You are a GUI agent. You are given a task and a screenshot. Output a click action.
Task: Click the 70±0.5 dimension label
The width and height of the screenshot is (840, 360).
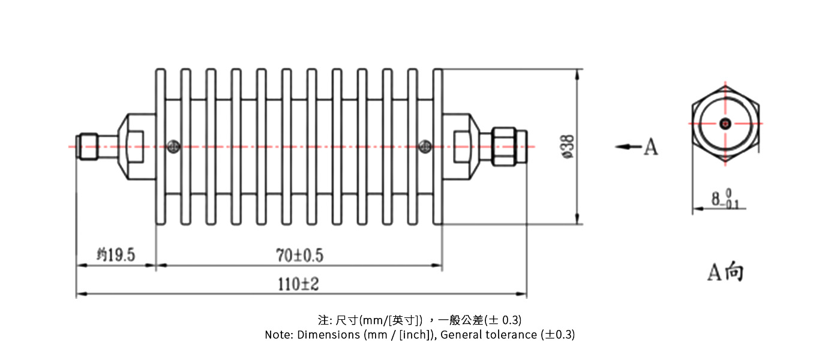pyautogui.click(x=300, y=256)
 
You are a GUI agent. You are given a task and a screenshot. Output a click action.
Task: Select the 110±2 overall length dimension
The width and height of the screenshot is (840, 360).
pyautogui.click(x=298, y=284)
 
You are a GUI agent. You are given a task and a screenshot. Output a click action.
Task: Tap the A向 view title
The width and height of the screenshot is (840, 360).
pyautogui.click(x=725, y=272)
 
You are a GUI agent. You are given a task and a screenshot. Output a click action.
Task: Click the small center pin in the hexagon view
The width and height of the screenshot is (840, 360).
pyautogui.click(x=725, y=124)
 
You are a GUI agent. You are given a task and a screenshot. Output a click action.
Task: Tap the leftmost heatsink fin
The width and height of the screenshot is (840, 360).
pyautogui.click(x=160, y=147)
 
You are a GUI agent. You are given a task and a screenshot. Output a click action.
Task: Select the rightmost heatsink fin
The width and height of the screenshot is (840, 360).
pyautogui.click(x=437, y=147)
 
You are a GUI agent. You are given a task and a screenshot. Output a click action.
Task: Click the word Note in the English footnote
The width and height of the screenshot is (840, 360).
pyautogui.click(x=278, y=335)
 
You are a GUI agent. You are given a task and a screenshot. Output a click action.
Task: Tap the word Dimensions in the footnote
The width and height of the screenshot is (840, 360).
pyautogui.click(x=328, y=335)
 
